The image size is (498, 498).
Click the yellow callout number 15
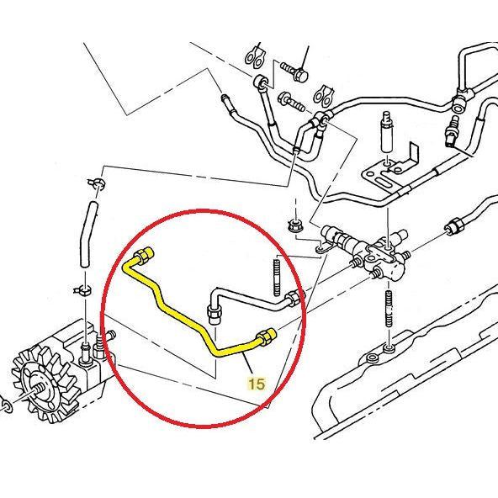point(256,384)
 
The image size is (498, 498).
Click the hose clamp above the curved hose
point(96,183)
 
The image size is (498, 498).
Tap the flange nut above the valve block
point(294,225)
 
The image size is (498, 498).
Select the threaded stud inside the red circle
point(276,273)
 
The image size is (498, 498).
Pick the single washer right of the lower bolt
point(326,93)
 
